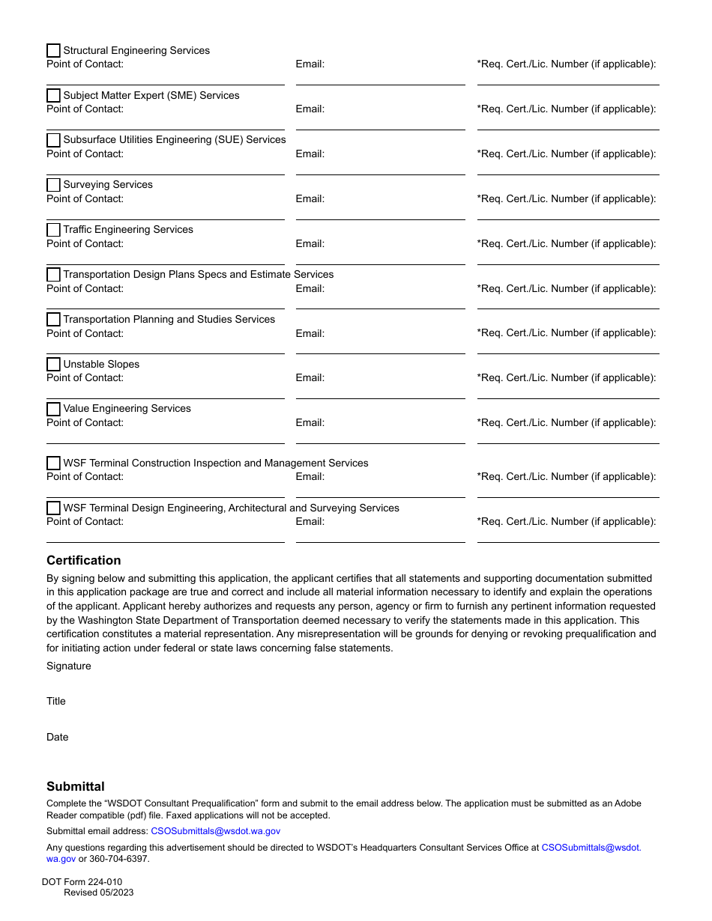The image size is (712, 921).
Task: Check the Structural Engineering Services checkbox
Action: point(53,51)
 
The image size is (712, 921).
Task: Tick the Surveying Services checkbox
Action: point(53,185)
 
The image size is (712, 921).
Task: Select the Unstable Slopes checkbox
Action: point(53,365)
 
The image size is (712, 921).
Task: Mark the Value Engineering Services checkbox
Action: point(53,409)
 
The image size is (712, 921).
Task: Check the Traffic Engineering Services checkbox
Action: point(53,230)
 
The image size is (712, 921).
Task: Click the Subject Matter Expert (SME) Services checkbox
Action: point(53,96)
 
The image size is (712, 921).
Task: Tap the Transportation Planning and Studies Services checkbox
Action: point(53,320)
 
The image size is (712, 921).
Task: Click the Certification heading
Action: point(83,560)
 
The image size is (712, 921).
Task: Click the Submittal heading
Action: point(75,786)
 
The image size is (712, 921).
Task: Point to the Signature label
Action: point(68,666)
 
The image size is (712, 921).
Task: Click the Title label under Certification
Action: point(56,701)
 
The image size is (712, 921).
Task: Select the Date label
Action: point(57,737)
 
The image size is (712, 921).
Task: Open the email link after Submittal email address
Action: point(215,831)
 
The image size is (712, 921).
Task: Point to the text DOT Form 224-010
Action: point(82,882)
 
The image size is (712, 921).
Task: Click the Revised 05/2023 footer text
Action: point(98,893)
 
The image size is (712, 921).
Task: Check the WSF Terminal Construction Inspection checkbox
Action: point(53,463)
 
